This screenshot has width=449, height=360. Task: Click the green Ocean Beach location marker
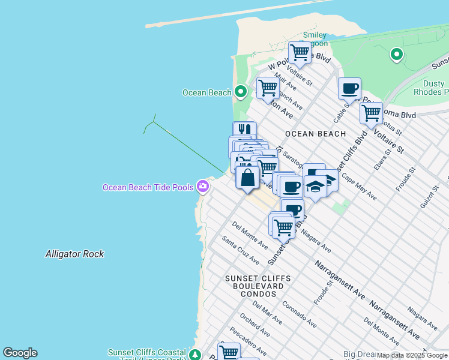(x=241, y=92)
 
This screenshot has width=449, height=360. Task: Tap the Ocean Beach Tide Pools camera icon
(x=203, y=187)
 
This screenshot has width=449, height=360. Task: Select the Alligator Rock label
(x=74, y=254)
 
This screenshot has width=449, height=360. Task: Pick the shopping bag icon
(x=247, y=178)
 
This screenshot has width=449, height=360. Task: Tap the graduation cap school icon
(x=315, y=187)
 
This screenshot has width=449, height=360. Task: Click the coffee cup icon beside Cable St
(x=349, y=89)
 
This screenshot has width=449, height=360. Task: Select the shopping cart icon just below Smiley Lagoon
(x=300, y=53)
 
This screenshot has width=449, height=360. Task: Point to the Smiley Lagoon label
(x=315, y=39)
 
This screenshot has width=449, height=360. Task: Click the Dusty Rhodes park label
(x=430, y=88)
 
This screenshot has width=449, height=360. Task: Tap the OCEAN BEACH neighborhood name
(x=315, y=133)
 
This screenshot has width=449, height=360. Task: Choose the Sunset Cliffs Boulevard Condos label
(x=258, y=286)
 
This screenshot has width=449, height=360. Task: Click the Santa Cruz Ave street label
(x=240, y=250)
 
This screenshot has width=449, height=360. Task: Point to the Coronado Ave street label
(x=299, y=314)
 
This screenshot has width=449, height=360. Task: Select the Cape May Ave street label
(x=359, y=187)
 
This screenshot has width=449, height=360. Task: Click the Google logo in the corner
(x=20, y=353)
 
